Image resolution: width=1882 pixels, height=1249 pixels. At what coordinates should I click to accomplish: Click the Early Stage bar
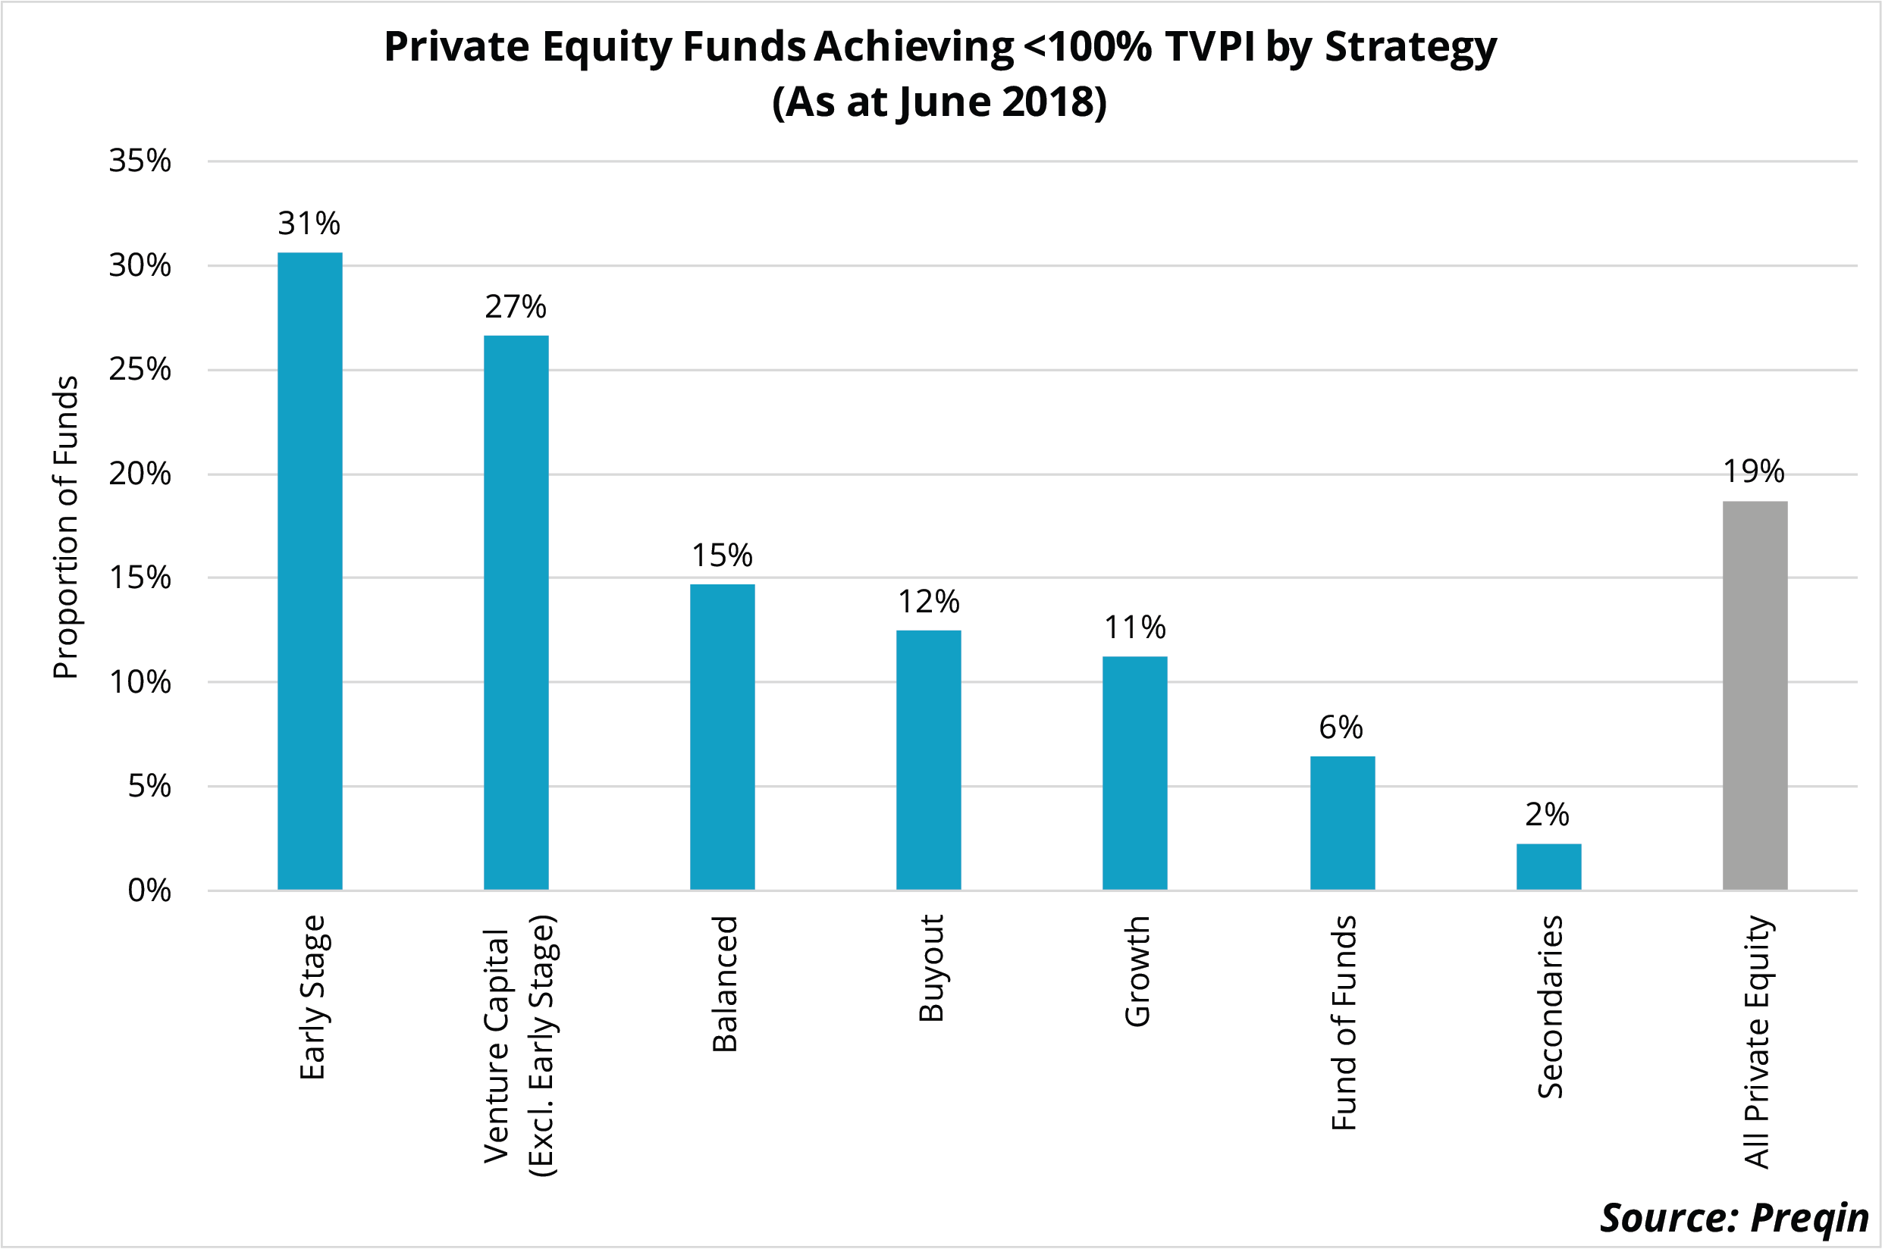[x=309, y=571]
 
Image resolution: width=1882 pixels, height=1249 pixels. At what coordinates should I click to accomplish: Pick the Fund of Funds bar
[x=1342, y=822]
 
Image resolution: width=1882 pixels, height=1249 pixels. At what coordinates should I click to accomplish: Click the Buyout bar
[x=928, y=759]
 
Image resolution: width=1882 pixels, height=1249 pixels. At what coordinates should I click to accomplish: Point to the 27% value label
[x=516, y=307]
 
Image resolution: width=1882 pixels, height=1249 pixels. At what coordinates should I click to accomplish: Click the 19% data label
[x=1754, y=471]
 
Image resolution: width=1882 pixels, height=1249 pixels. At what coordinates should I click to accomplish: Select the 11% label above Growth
[x=1134, y=628]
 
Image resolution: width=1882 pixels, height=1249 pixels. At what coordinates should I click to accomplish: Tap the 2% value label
[x=1548, y=814]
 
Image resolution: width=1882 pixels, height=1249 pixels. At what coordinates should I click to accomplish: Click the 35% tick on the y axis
[x=140, y=161]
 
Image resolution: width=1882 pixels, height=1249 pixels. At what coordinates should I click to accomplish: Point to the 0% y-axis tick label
[x=149, y=891]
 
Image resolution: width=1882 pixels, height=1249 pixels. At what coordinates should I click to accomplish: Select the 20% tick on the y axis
[x=140, y=474]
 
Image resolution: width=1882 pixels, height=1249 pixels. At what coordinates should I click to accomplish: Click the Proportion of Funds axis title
[x=65, y=527]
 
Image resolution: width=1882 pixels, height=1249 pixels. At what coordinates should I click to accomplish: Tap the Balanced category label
[x=724, y=984]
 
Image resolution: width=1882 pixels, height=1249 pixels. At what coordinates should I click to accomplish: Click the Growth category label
[x=1136, y=971]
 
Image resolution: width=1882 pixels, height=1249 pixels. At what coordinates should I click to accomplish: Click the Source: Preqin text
[x=1734, y=1217]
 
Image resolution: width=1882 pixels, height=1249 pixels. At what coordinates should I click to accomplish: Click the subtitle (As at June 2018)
[x=939, y=102]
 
